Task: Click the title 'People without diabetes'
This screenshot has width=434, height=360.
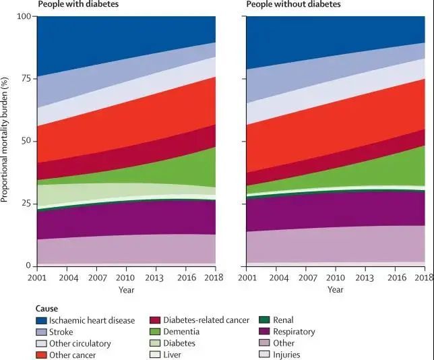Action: [x=293, y=5]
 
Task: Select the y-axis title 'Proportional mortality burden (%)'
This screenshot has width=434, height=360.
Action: [x=5, y=140]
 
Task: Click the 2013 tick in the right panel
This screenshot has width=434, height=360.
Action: [x=365, y=277]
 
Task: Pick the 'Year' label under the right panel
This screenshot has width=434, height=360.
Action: [x=335, y=290]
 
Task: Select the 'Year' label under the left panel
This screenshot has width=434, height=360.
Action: [x=126, y=290]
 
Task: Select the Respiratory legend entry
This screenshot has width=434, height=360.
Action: [x=294, y=332]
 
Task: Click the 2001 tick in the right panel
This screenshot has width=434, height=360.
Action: [x=247, y=277]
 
